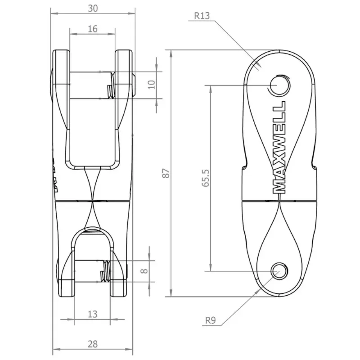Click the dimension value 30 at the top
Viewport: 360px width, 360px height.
(92, 8)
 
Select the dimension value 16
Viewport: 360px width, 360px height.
(92, 29)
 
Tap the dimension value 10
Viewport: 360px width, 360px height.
(152, 84)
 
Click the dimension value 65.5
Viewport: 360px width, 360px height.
(206, 178)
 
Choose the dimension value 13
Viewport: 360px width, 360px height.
(92, 314)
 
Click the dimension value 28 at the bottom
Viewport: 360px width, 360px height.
(92, 344)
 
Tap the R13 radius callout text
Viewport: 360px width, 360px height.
(202, 15)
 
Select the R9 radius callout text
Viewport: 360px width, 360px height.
(211, 320)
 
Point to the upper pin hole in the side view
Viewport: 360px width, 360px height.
(278, 84)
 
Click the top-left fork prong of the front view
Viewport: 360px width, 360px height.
(61, 67)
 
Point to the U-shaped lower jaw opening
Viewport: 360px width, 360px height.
(92, 245)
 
